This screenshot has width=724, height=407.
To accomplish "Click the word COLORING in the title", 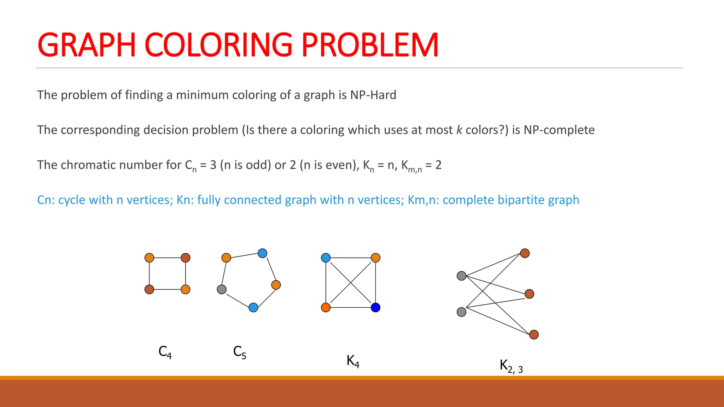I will click(x=218, y=45).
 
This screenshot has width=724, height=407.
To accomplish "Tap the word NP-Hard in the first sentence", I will click(x=373, y=95).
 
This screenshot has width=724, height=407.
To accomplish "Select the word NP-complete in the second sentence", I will click(x=559, y=130).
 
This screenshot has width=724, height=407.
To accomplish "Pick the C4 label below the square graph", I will click(x=165, y=352).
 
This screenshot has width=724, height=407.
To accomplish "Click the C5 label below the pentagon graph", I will click(x=240, y=352).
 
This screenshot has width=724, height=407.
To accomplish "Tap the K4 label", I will click(x=353, y=361).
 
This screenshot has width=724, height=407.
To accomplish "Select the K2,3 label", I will click(x=511, y=366).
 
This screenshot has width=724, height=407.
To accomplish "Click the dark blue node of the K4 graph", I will click(x=375, y=307).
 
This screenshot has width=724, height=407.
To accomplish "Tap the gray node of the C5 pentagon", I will click(x=222, y=290).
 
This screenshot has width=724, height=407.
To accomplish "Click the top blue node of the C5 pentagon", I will click(x=262, y=253).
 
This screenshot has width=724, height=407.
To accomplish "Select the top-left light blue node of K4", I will click(x=326, y=258).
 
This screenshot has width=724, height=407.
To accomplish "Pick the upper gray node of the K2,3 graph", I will click(x=461, y=276).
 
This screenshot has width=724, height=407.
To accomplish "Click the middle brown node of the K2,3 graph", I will click(x=529, y=294).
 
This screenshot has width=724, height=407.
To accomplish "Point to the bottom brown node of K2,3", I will click(x=534, y=335).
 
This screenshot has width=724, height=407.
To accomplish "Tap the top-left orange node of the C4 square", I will click(x=149, y=258).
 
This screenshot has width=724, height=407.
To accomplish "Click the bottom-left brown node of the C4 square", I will click(x=149, y=290).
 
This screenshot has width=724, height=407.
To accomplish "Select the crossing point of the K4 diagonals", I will click(x=351, y=283).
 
